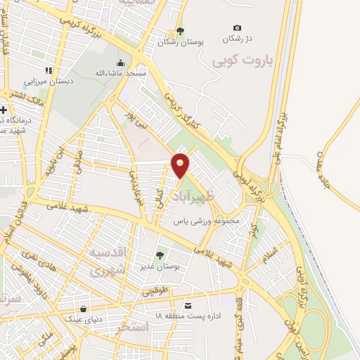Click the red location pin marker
pos(181,165)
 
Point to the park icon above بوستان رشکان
pos(180,30)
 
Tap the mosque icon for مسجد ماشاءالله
pos(121,62)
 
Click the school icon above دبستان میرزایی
pos(48,70)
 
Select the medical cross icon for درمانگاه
pos(5,110)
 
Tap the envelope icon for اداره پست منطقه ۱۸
pos(188,305)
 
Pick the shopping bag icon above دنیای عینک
pos(84,309)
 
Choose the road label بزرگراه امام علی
pos(283,134)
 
